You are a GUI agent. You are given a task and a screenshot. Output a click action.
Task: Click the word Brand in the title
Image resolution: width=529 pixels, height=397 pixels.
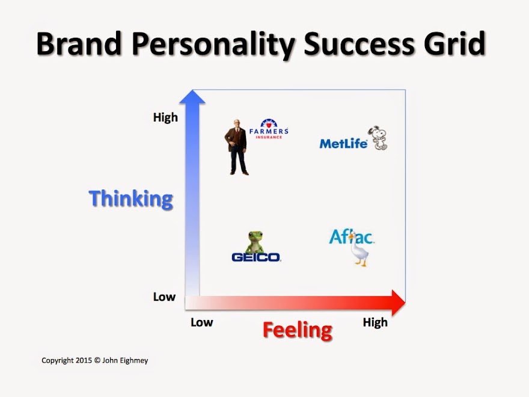[79, 43]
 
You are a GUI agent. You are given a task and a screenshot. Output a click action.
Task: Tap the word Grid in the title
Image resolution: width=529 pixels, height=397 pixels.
[455, 43]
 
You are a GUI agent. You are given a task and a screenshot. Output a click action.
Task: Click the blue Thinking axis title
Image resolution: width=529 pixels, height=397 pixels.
[131, 199]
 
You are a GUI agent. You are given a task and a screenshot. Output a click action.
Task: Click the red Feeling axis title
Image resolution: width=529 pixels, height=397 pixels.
[297, 330]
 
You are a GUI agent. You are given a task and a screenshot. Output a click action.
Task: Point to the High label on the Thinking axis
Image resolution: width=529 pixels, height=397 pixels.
[165, 117]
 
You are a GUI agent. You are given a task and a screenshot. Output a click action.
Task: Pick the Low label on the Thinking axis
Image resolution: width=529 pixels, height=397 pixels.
[164, 297]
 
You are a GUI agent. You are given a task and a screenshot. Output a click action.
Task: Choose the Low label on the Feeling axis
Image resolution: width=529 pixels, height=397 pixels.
[202, 322]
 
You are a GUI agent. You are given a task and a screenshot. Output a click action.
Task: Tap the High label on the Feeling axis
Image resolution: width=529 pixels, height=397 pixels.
[375, 322]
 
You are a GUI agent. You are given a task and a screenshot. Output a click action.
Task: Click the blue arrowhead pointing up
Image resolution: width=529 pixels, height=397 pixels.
[192, 97]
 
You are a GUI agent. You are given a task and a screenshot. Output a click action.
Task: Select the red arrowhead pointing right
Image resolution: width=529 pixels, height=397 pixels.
[399, 303]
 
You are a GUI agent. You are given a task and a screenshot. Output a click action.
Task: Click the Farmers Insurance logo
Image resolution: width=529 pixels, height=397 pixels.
[269, 129]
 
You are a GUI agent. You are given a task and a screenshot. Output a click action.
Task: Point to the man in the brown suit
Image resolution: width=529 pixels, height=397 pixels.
[237, 147]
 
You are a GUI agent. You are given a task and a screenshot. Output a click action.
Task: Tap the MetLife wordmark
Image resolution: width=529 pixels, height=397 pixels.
[343, 144]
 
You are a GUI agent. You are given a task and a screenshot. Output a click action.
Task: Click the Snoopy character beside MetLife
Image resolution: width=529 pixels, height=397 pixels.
[379, 138]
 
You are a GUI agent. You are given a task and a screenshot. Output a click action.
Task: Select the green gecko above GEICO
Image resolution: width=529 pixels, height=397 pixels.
[255, 242]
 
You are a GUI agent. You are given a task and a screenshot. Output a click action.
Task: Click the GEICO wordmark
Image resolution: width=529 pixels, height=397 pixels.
[256, 257]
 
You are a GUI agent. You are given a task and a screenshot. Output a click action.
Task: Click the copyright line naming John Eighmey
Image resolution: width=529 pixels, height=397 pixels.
[95, 360]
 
